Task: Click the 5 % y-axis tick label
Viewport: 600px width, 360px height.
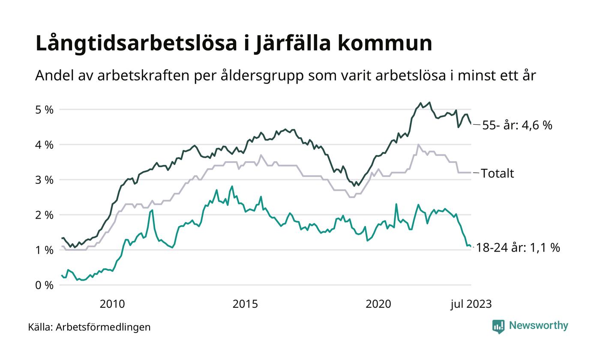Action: point(45,110)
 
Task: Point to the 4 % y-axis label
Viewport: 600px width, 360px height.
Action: point(45,145)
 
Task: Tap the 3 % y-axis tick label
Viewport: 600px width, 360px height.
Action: point(45,180)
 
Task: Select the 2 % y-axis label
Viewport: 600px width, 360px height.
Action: point(45,215)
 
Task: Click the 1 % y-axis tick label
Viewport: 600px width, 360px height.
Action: point(45,250)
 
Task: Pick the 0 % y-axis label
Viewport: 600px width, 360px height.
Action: point(45,285)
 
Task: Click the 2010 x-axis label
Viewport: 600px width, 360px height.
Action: point(112,304)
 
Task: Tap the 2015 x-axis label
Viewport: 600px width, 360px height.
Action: point(245,304)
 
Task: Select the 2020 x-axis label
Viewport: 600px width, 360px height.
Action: point(378,304)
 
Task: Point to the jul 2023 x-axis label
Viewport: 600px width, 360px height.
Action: point(471,304)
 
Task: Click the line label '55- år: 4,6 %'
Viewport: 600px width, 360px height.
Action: point(517,126)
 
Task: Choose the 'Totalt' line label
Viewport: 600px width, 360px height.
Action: point(497,174)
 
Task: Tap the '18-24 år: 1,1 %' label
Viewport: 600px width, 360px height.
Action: point(518,248)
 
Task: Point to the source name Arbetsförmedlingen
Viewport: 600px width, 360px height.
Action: point(103,327)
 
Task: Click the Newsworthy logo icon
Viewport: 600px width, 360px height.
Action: point(498,327)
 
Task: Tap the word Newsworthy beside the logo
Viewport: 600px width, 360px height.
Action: point(539,326)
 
